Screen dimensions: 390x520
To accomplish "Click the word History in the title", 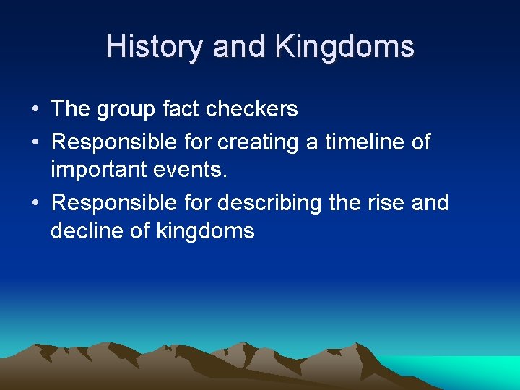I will tap(155, 48).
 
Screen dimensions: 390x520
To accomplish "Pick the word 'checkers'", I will tap(252, 109).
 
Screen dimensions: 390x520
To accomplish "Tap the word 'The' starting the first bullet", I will tap(70, 109).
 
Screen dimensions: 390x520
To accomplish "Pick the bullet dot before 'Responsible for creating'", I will tap(35, 143).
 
